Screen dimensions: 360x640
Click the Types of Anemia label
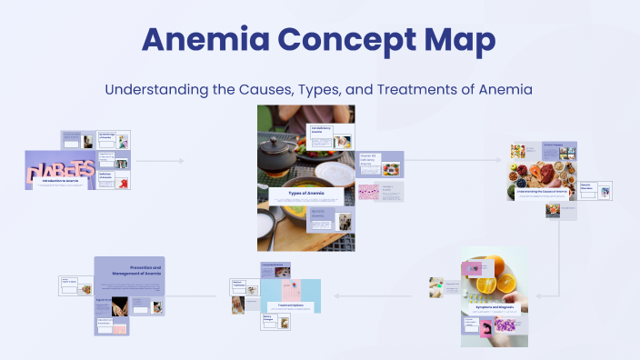pyautogui.click(x=305, y=193)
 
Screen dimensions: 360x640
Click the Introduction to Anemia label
pyautogui.click(x=65, y=181)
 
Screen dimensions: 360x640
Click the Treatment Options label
pyautogui.click(x=290, y=304)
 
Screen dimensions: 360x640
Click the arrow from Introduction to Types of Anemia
pyautogui.click(x=161, y=161)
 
